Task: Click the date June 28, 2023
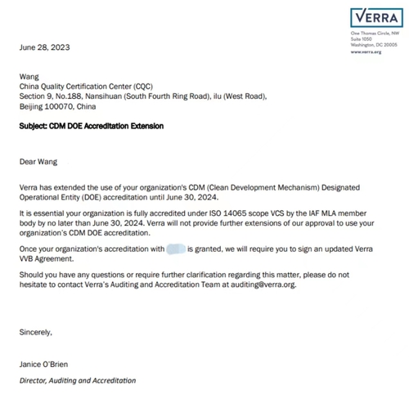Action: click(x=45, y=47)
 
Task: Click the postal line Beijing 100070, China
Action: click(x=57, y=106)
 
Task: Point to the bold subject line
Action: click(x=91, y=127)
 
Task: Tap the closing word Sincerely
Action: click(x=36, y=332)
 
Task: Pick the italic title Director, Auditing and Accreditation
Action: click(x=78, y=380)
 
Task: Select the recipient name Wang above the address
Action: click(x=29, y=76)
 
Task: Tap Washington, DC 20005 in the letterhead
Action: click(x=373, y=44)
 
